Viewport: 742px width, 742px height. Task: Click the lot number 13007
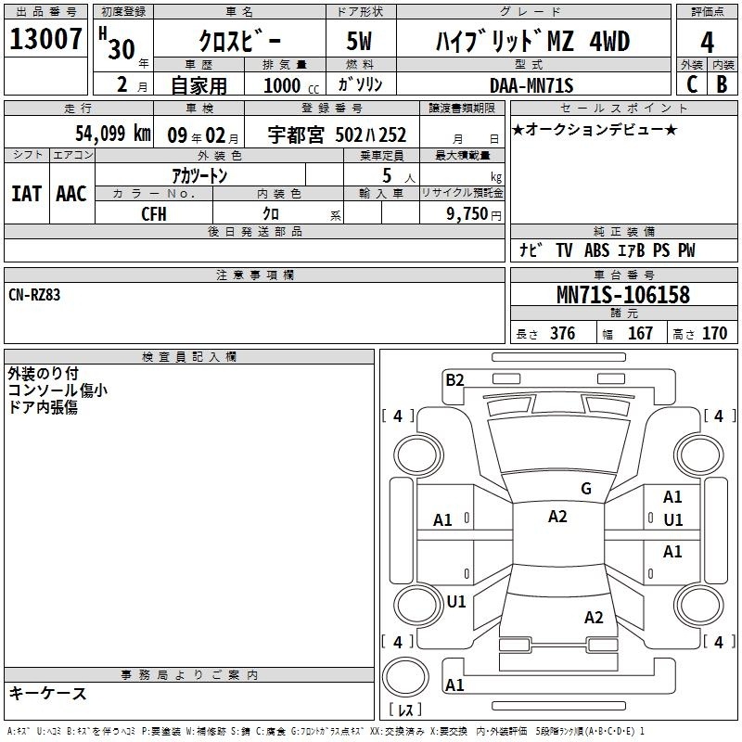coord(45,39)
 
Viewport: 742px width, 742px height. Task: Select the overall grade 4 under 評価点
coord(707,43)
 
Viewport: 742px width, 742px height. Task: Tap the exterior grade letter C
coord(692,84)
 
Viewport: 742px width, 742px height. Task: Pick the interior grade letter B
coord(723,84)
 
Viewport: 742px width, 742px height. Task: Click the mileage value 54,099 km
coord(113,134)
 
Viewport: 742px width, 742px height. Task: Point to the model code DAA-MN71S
coord(531,85)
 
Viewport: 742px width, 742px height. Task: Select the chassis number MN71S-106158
coord(623,294)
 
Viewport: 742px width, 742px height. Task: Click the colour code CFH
coord(154,214)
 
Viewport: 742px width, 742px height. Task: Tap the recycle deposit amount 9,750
coord(467,214)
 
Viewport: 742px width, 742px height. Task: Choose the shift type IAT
coord(27,194)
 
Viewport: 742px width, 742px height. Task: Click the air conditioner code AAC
coord(71,194)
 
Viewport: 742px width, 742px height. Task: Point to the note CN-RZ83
coord(34,295)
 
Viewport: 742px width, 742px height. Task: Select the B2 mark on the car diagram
coord(454,380)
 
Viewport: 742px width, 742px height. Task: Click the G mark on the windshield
coord(586,488)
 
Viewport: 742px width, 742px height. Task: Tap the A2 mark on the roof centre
coord(557,517)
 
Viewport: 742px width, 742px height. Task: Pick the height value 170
coord(714,333)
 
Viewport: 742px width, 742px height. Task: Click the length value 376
coord(563,333)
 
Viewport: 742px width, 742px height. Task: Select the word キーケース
coord(48,693)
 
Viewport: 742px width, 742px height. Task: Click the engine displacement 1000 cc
coord(291,85)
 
